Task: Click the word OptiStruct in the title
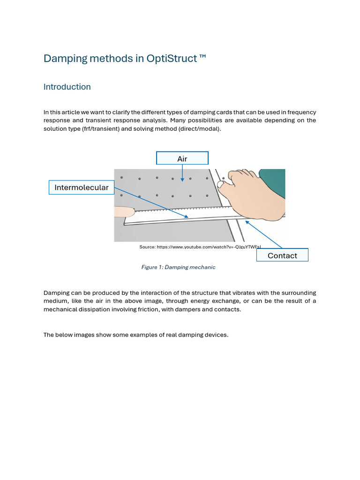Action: click(172, 59)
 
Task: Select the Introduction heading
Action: click(67, 87)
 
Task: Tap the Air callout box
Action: click(182, 158)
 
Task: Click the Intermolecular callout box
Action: click(82, 187)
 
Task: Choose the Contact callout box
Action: click(282, 255)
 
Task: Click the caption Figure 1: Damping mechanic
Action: click(178, 267)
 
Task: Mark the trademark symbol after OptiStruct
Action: click(202, 58)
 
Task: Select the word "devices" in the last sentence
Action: click(216, 335)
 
